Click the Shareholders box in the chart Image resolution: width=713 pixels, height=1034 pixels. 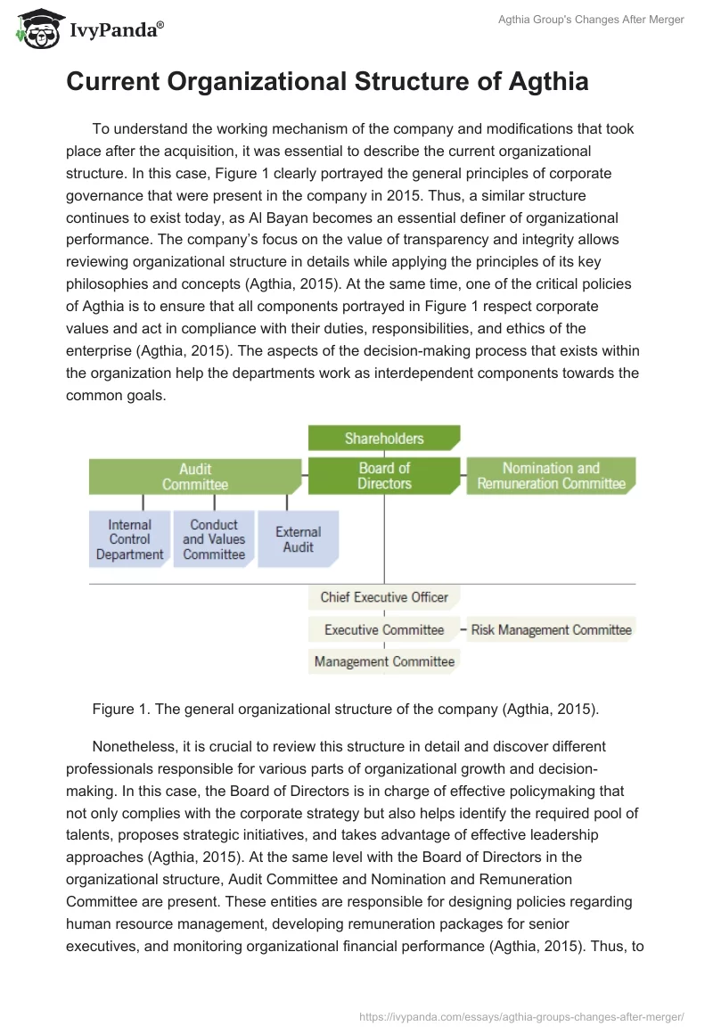coord(384,438)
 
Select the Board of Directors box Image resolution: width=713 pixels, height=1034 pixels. coord(384,476)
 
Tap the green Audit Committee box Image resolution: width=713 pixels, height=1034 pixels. coord(195,476)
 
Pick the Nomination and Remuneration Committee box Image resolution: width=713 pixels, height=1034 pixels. coord(551,476)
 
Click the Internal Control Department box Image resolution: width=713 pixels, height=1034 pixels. coord(130,539)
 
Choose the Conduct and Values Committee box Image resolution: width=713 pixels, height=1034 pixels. coord(214,539)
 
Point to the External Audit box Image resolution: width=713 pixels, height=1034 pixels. coord(298,539)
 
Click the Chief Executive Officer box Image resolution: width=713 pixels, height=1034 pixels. coord(384,597)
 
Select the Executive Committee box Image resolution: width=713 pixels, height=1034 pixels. coord(384,630)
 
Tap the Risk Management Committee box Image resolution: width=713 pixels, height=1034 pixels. coord(551,630)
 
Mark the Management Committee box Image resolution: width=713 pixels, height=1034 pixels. coord(384,661)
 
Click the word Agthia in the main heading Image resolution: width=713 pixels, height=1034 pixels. coord(545,82)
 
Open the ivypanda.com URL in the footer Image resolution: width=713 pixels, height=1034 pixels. coord(520,1015)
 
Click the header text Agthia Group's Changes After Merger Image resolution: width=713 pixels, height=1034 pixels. coord(590,20)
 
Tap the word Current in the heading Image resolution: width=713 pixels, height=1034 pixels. coord(113,82)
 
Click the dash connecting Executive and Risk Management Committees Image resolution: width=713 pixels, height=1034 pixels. coord(463,630)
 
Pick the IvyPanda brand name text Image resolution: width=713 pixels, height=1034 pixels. coord(114,30)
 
